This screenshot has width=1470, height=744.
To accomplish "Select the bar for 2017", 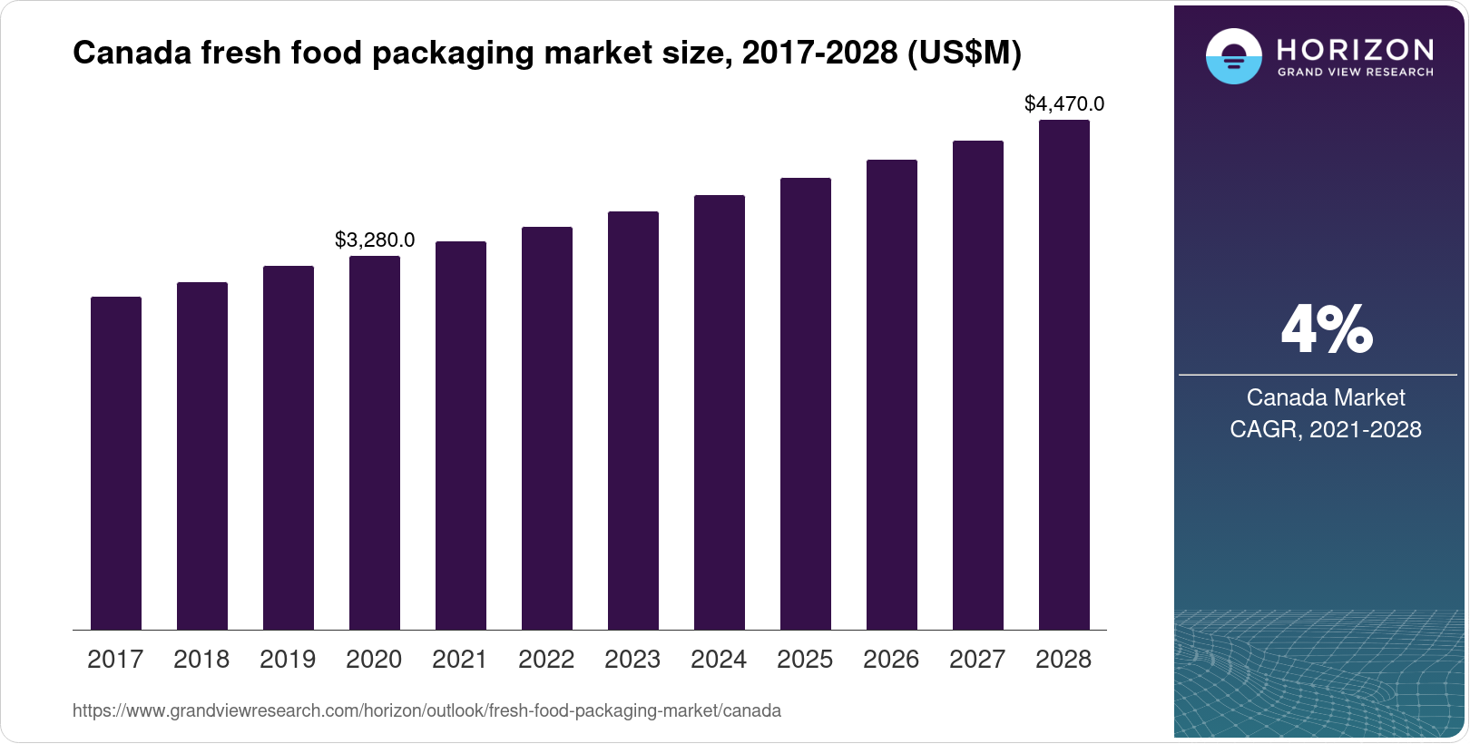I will [x=116, y=463].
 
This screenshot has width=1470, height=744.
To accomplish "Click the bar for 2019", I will [x=289, y=447].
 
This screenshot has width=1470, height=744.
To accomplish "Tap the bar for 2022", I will [x=547, y=428].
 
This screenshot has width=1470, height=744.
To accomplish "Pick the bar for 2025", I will [x=806, y=404].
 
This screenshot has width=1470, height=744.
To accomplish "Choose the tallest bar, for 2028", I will [x=1064, y=375].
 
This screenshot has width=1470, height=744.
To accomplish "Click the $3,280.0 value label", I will [x=375, y=240].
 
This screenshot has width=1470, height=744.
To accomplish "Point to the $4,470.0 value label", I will [x=1064, y=103].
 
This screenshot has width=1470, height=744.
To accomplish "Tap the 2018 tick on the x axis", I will [x=201, y=660].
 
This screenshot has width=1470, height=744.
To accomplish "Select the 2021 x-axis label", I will [x=460, y=660].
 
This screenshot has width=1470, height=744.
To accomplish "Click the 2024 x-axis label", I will [x=719, y=660].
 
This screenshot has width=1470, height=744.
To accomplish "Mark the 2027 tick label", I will [x=977, y=660].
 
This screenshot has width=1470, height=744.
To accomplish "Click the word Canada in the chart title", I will [x=132, y=54].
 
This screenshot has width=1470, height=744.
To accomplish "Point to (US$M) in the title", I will [x=964, y=54].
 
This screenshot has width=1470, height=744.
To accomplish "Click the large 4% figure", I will [x=1327, y=330].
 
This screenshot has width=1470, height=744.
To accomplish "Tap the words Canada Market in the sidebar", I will [x=1326, y=397].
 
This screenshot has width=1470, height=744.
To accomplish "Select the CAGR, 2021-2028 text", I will [x=1326, y=429].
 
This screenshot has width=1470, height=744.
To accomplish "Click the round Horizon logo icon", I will [x=1233, y=56].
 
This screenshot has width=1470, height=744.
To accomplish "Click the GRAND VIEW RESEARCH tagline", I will [x=1356, y=72].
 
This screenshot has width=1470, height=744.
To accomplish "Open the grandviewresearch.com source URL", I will [x=426, y=710].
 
